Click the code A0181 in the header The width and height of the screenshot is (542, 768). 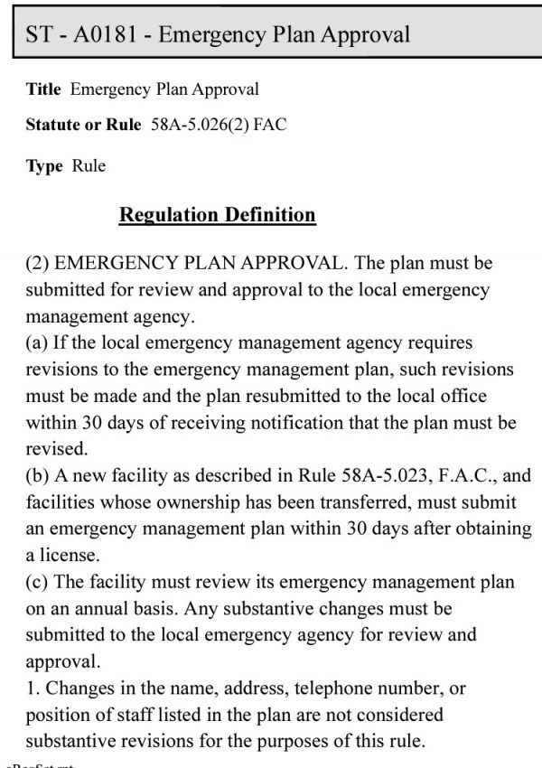(x=104, y=35)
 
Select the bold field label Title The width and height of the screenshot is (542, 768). (x=44, y=89)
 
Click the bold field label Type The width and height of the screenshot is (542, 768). (x=44, y=166)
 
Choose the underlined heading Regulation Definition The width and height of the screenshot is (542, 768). (x=218, y=215)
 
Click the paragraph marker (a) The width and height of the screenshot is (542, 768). (x=39, y=344)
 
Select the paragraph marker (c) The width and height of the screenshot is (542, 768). (x=39, y=582)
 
